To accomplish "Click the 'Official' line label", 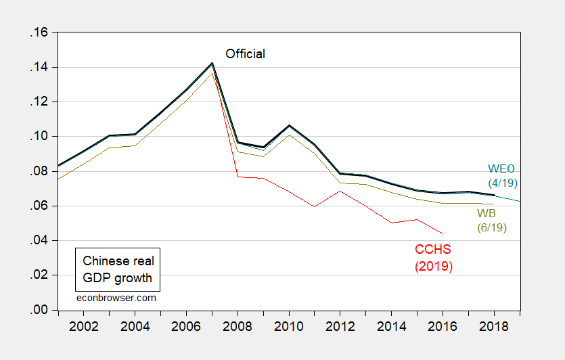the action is [245, 54].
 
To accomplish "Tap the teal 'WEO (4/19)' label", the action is [502, 176].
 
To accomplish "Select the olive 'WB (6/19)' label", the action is [491, 221].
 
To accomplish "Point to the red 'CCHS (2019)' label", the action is [434, 258].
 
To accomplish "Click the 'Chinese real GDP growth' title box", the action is [118, 269].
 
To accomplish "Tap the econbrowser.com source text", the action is [116, 298].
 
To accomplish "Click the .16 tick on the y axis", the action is [39, 32].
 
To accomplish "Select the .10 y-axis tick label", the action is [39, 137].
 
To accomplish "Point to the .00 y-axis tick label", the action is [39, 310].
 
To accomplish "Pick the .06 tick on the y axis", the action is [39, 206].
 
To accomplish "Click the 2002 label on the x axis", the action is [84, 326].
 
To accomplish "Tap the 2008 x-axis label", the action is [238, 326].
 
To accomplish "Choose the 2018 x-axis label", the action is [494, 326].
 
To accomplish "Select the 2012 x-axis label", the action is [340, 326].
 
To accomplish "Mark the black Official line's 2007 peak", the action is [212, 63].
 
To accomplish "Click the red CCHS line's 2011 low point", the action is [314, 206].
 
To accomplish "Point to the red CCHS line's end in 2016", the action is [443, 233].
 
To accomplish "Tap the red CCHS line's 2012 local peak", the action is [340, 192].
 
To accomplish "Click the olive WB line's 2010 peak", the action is [289, 135].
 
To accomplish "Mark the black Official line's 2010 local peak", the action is [289, 125].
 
